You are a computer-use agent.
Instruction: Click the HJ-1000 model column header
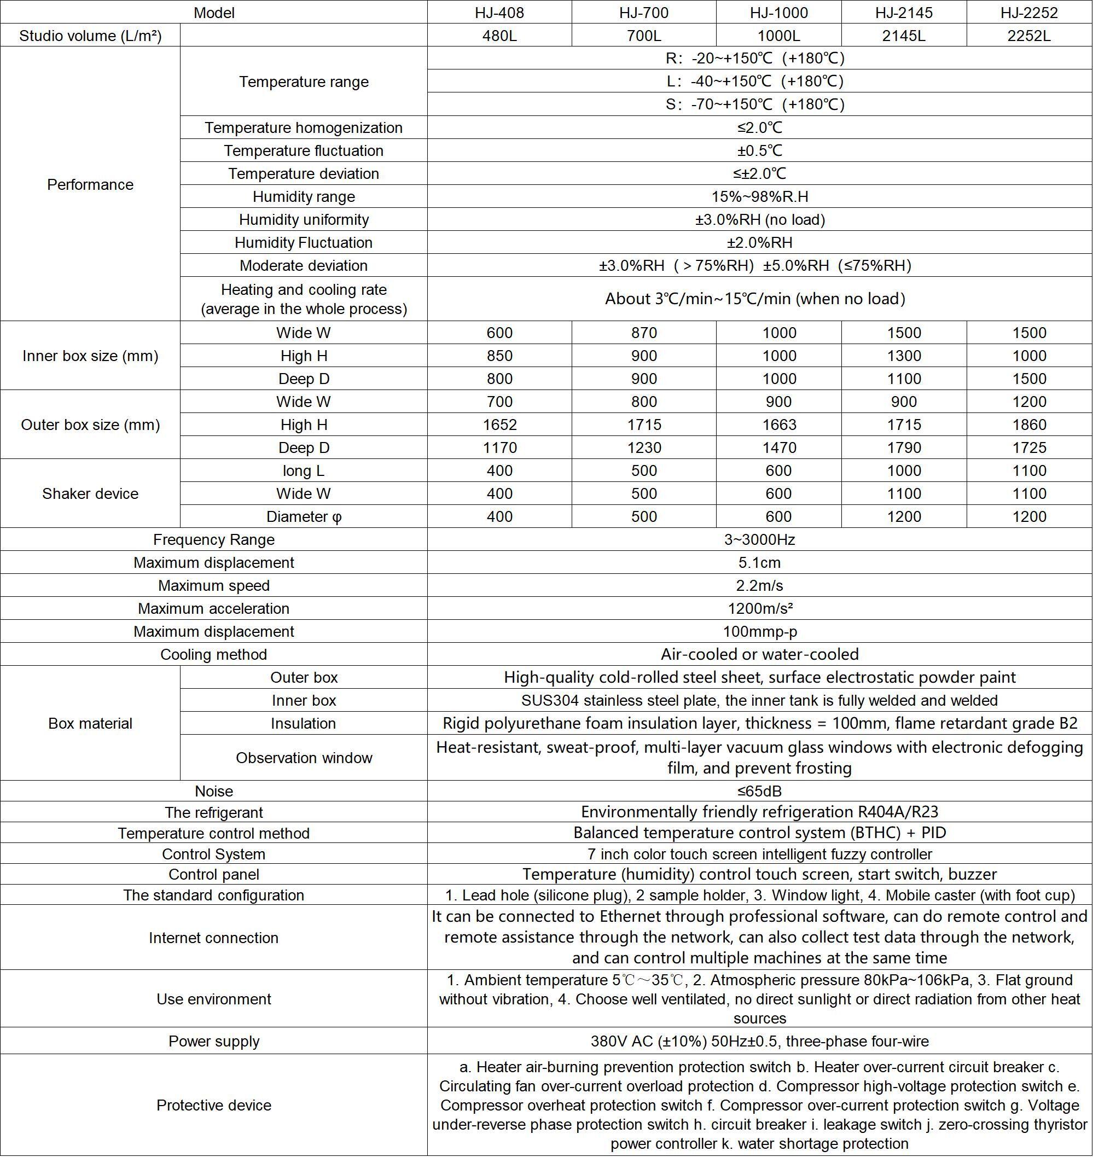coord(778,12)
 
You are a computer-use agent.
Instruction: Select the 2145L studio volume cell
coord(904,36)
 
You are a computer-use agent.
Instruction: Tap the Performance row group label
coord(90,184)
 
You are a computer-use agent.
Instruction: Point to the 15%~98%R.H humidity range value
coord(760,196)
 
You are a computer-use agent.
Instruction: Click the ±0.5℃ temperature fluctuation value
coord(760,150)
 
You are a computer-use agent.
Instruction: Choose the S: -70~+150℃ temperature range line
coord(755,104)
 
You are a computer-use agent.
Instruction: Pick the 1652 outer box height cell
coord(499,425)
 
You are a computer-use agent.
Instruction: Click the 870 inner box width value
coord(644,333)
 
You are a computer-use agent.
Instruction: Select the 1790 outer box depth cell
coord(904,447)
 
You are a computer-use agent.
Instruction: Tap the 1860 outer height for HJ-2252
coord(1030,425)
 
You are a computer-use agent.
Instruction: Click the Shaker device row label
coord(90,493)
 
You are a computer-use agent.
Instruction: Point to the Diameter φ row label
coord(304,517)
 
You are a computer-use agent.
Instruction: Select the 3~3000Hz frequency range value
coord(760,539)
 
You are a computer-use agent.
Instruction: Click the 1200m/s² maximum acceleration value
coord(760,608)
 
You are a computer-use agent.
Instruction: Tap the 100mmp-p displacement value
coord(760,631)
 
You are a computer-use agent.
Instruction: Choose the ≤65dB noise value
coord(760,791)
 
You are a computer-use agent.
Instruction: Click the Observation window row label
coord(304,757)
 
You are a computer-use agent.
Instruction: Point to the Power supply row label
coord(214,1041)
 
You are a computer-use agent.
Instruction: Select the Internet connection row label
coord(214,938)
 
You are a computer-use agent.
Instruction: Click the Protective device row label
coord(214,1105)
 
